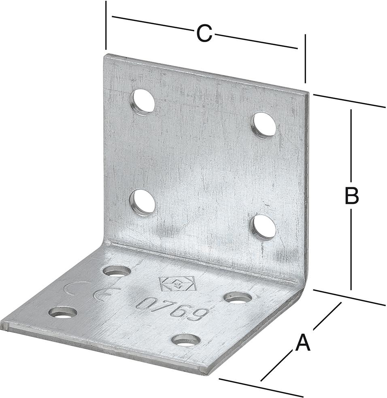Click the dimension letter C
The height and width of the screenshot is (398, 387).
[204, 33]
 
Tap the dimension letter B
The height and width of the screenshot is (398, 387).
[351, 195]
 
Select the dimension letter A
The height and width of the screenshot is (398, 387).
[303, 343]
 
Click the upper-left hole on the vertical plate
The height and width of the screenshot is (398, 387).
[142, 102]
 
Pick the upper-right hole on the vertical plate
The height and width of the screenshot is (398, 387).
[264, 126]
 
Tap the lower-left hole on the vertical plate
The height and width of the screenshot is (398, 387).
[142, 202]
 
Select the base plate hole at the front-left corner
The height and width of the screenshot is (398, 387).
[63, 313]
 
